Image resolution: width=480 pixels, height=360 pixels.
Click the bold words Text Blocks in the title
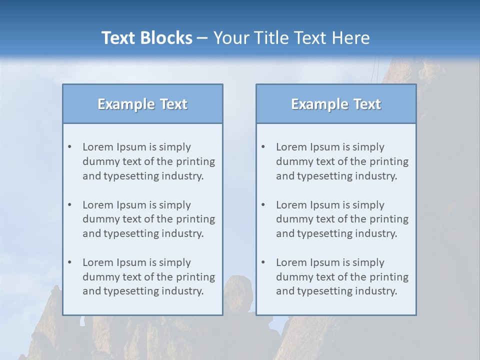(x=146, y=38)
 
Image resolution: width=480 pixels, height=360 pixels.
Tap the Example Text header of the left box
(x=142, y=104)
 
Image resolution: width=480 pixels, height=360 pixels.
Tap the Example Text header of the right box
(x=336, y=104)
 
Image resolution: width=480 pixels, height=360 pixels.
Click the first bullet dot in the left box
(x=69, y=147)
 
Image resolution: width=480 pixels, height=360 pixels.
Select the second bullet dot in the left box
(x=69, y=205)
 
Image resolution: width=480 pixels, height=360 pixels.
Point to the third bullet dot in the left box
(x=69, y=262)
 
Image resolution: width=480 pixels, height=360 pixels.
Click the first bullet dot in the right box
(x=263, y=147)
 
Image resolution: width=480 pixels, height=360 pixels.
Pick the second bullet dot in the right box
(x=263, y=205)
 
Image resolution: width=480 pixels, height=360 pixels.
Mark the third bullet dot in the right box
(x=263, y=262)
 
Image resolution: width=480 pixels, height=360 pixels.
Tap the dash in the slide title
(x=202, y=38)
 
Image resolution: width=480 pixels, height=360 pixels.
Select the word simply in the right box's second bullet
(x=368, y=205)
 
